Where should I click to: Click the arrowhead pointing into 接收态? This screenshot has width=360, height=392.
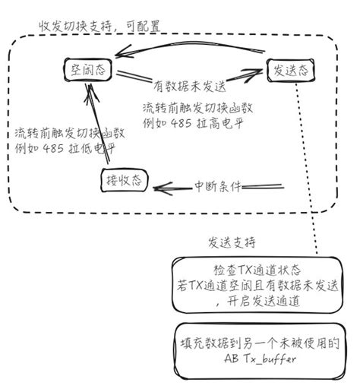click(x=155, y=185)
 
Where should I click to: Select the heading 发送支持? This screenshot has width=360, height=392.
click(x=232, y=243)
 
